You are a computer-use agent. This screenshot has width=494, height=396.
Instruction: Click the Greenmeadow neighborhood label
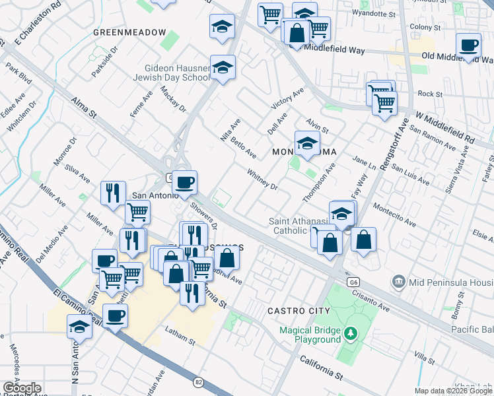129,32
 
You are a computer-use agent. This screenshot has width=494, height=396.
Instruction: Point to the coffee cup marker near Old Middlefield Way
469,46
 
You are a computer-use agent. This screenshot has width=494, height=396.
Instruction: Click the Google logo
21,388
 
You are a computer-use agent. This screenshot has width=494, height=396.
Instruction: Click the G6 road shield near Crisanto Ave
351,282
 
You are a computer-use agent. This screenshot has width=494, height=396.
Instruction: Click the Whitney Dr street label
262,179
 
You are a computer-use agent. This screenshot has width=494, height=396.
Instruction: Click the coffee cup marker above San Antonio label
185,181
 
